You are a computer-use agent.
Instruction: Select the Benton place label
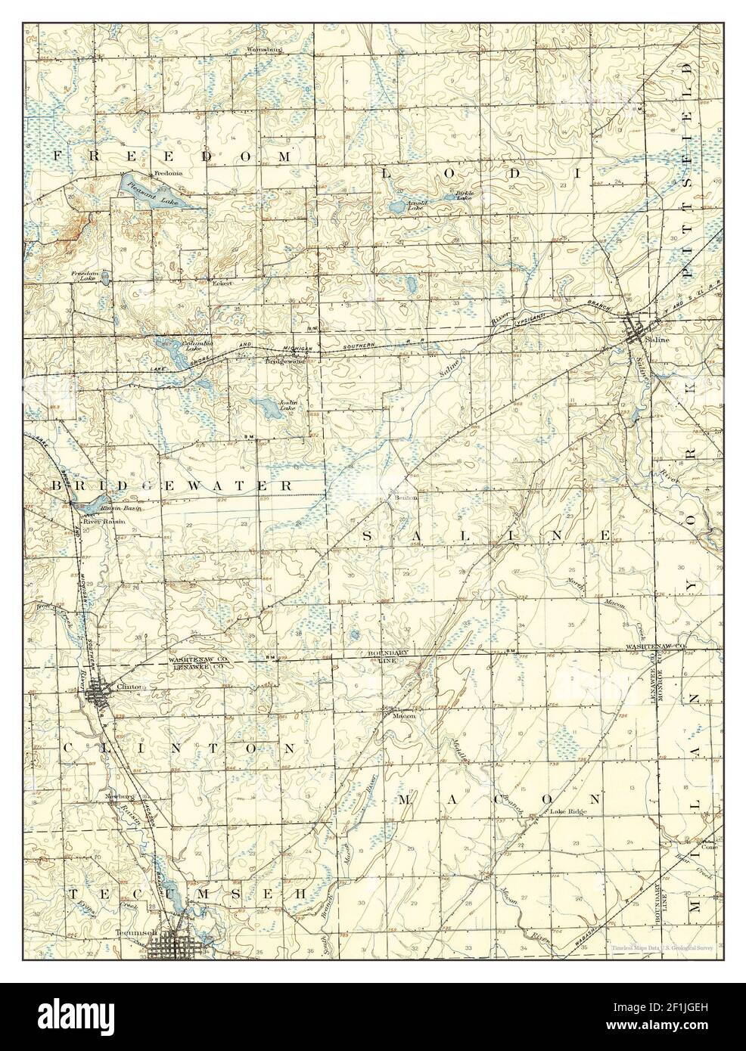(x=400, y=498)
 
